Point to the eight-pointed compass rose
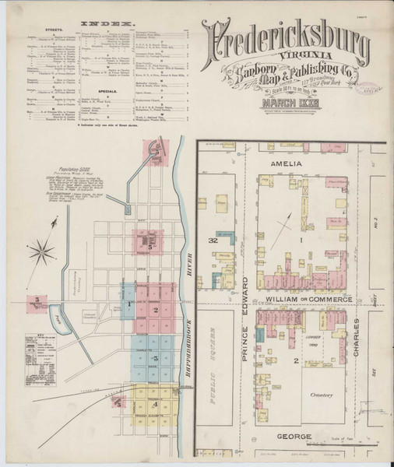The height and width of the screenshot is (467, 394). coord(44,251)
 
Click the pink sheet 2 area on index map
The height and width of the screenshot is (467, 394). coord(156,311)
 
